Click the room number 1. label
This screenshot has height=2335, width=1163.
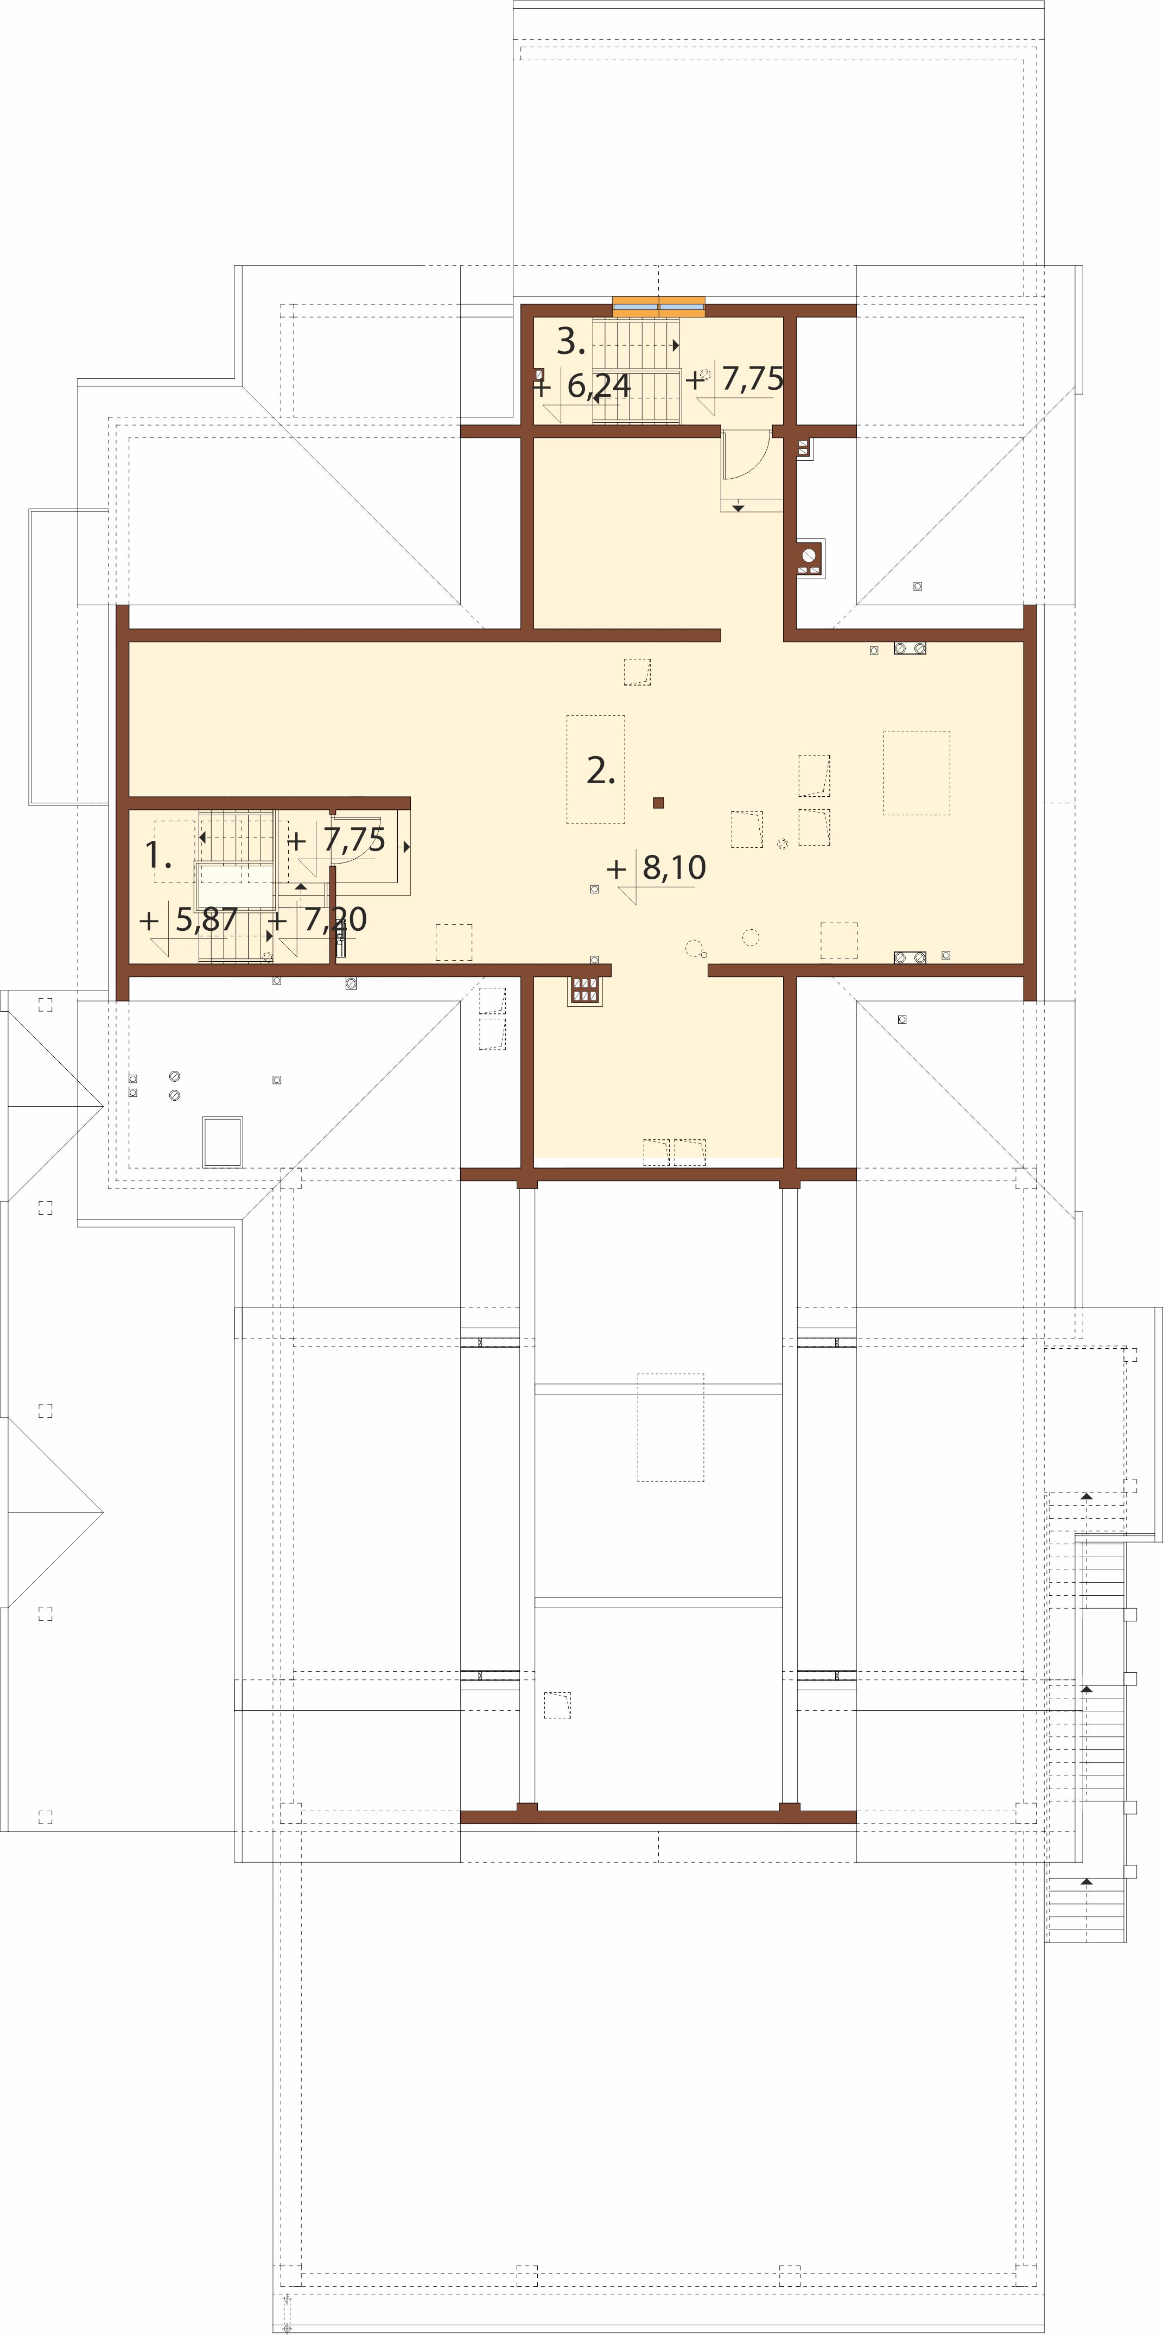(x=158, y=856)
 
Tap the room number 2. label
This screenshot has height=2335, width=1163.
(x=601, y=771)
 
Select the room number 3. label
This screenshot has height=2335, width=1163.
(x=570, y=341)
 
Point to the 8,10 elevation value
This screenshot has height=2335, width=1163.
(x=673, y=867)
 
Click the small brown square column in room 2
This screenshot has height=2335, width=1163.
(x=659, y=802)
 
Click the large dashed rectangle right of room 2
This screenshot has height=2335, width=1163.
(x=917, y=773)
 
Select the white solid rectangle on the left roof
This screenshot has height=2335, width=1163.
(x=222, y=1142)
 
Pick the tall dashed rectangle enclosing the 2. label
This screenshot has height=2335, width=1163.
(x=595, y=770)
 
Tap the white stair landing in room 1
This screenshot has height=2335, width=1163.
(x=237, y=887)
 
